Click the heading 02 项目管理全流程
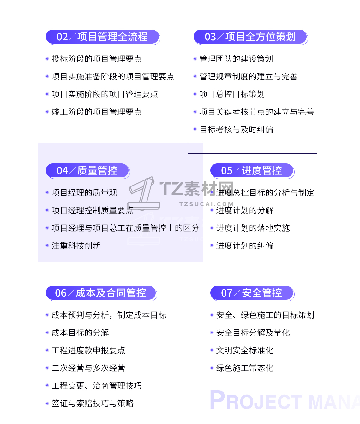pyautogui.click(x=103, y=37)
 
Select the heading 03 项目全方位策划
pyautogui.click(x=250, y=37)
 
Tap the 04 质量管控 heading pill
pyautogui.click(x=87, y=171)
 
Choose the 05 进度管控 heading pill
pyautogui.click(x=252, y=171)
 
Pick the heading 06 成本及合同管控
pyautogui.click(x=101, y=293)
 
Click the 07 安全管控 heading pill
pyautogui.click(x=252, y=293)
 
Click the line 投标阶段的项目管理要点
pyautogui.click(x=97, y=59)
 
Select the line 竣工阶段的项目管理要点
pyautogui.click(x=97, y=112)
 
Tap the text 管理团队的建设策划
pyautogui.click(x=236, y=59)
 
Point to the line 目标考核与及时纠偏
pyautogui.click(x=236, y=129)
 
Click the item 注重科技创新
pyautogui.click(x=76, y=245)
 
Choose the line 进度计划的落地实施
pyautogui.click(x=253, y=228)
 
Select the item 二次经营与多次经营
pyautogui.click(x=88, y=368)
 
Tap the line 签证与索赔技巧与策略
pyautogui.click(x=93, y=403)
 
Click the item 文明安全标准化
pyautogui.click(x=245, y=350)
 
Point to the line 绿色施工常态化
pyautogui.click(x=245, y=368)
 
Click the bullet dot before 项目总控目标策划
pyautogui.click(x=195, y=94)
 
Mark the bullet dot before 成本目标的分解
pyautogui.click(x=47, y=333)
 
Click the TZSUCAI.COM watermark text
pyautogui.click(x=207, y=204)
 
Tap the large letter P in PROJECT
pyautogui.click(x=218, y=399)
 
